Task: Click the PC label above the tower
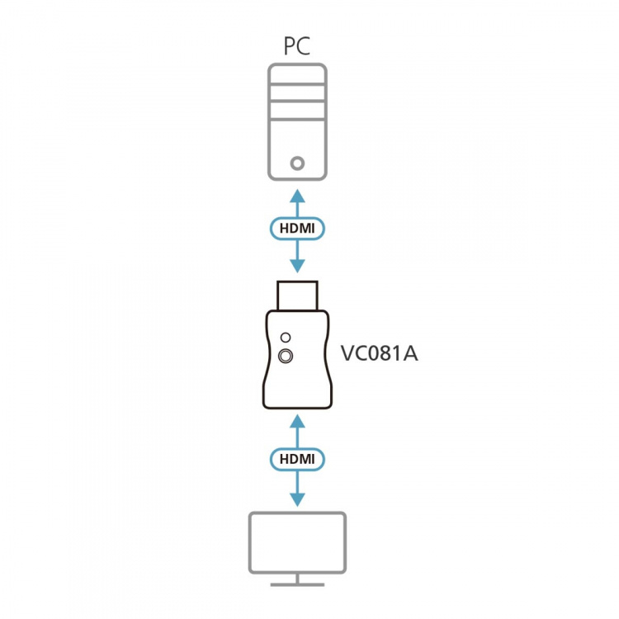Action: click(297, 46)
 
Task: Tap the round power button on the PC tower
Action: click(297, 163)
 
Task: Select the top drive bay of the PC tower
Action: click(297, 85)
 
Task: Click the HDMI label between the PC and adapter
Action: click(297, 229)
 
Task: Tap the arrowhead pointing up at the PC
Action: click(297, 196)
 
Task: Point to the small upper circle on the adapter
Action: click(286, 338)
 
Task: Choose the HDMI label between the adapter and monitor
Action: click(297, 459)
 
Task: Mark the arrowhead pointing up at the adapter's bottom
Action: click(297, 423)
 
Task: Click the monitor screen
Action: click(297, 542)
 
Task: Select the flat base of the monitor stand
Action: click(297, 584)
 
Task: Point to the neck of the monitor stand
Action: click(297, 578)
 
